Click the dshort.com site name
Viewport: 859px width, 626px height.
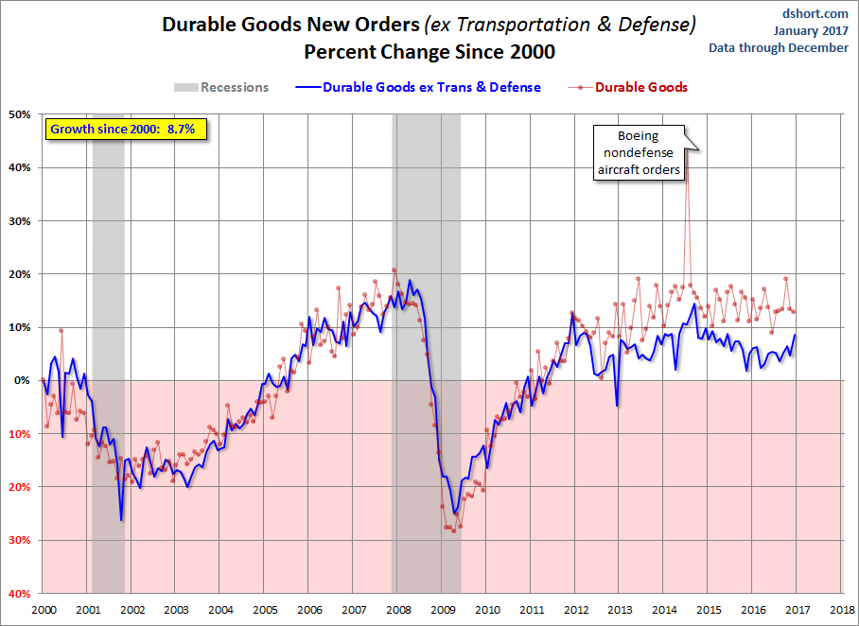tap(815, 13)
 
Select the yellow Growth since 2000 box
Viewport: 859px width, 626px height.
tap(126, 130)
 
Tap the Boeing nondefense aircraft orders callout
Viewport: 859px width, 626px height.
tap(639, 153)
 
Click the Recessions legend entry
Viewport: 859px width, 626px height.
tap(221, 87)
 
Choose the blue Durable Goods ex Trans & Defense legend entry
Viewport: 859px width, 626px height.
tap(418, 87)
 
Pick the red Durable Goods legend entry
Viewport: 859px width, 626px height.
tap(628, 87)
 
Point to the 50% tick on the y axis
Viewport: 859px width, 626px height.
tap(19, 114)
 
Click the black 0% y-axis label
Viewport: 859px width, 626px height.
tap(23, 380)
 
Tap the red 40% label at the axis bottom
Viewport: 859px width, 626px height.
tap(19, 593)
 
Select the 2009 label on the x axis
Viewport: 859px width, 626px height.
tap(443, 610)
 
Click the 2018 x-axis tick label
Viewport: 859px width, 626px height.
tap(841, 610)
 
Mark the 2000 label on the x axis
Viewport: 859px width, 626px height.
tap(44, 610)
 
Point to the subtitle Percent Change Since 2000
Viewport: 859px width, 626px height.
tap(429, 52)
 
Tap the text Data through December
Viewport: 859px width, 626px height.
tap(779, 47)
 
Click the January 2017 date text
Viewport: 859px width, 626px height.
tap(811, 30)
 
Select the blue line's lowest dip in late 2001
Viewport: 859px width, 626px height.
tap(121, 520)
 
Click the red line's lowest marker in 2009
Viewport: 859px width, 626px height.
tap(453, 530)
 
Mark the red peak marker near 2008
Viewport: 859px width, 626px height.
tap(394, 270)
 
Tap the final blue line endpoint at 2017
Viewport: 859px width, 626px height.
tap(795, 335)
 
